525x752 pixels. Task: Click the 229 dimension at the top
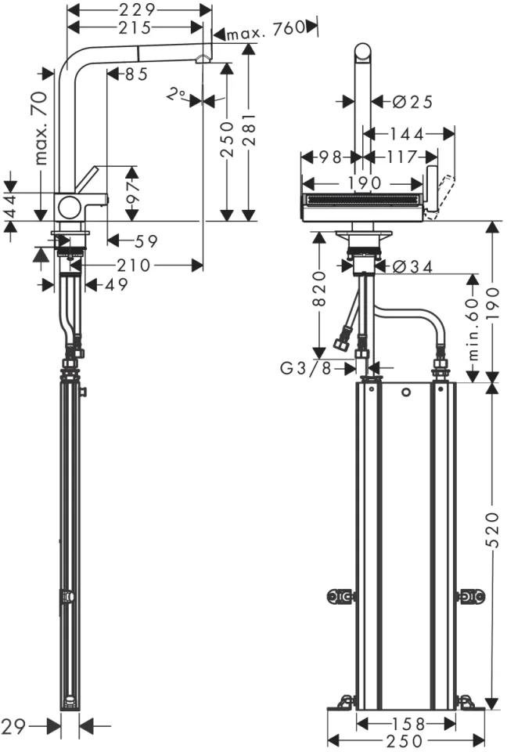pos(138,9)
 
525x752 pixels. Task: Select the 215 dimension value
pos(135,27)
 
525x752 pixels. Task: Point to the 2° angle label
pos(175,95)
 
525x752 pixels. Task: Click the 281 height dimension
pos(250,129)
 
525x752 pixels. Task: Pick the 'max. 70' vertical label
pos(41,128)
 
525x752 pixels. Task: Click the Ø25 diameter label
pos(412,102)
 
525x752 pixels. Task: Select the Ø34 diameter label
pos(412,266)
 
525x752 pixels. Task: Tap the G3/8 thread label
pos(306,368)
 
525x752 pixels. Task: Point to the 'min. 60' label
pos(473,329)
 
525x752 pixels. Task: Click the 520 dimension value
pos(492,530)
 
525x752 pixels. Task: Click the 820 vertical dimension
pos(319,288)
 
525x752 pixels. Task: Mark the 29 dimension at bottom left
pos(13,727)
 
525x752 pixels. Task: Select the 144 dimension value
pos(406,134)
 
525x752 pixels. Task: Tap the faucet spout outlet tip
pos(202,59)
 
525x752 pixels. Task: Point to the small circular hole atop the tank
pos(406,392)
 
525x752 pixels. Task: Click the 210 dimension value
pos(134,266)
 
